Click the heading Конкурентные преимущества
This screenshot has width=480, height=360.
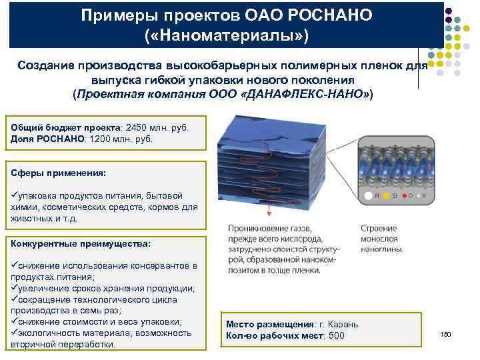point(81,243)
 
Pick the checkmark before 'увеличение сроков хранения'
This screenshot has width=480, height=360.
point(15,288)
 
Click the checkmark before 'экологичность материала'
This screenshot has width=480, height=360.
point(15,333)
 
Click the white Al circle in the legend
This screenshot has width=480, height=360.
point(367,197)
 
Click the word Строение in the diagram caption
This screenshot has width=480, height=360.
point(379,227)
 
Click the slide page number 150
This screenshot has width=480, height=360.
point(446,333)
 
